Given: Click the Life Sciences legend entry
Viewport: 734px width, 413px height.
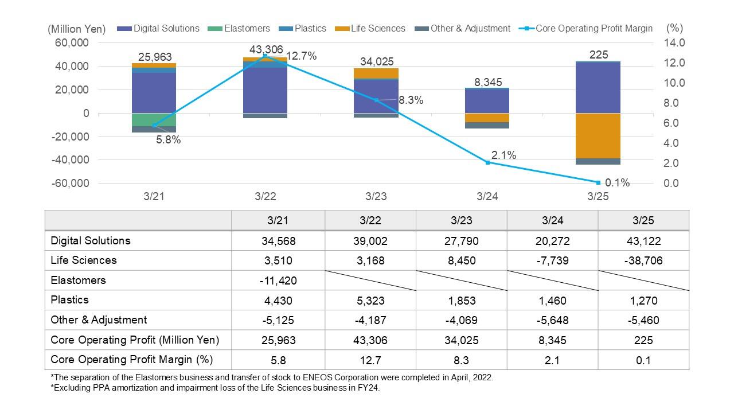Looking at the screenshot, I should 376,29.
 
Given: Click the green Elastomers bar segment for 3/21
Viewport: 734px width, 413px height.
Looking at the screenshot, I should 154,119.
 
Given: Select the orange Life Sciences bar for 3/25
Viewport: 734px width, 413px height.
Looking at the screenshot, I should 598,135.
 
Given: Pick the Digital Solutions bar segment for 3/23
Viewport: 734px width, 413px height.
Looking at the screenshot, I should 376,96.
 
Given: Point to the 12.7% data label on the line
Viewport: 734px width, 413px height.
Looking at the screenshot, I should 301,56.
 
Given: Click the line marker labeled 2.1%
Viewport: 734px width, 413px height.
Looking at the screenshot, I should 487,163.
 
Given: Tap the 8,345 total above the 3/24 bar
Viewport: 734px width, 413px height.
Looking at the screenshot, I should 487,83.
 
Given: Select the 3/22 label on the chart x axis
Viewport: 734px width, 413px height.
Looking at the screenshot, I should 266,196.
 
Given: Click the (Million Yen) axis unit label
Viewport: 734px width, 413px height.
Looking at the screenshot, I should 77,29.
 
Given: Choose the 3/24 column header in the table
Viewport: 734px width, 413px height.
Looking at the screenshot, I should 552,221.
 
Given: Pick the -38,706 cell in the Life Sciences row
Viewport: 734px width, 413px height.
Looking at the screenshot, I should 643,260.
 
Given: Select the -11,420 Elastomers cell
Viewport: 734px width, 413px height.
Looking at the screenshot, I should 278,280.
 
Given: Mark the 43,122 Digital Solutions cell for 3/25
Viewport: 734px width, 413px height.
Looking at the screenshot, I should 643,241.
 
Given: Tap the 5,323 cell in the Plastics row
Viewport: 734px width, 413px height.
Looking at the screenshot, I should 370,301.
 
